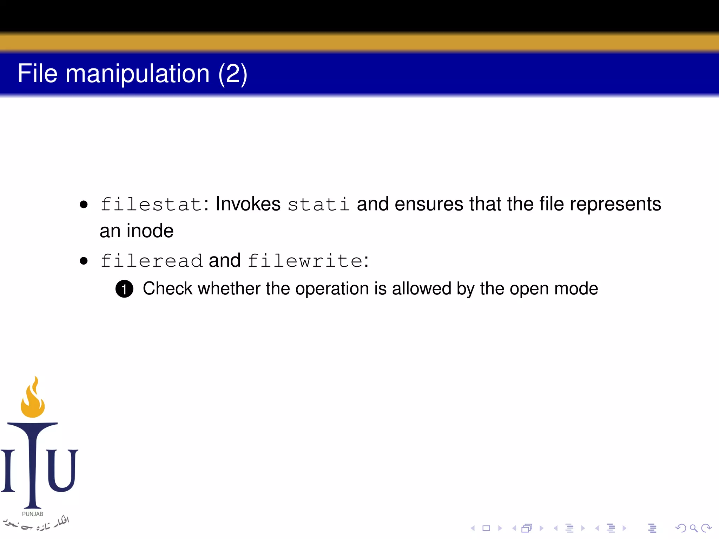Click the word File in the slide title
38,73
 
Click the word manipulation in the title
138,74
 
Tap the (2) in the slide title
233,74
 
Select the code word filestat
151,205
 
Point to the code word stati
318,205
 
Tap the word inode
150,231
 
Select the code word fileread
151,261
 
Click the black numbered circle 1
124,289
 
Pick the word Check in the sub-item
167,289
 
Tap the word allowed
421,289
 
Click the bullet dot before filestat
84,205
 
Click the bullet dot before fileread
84,261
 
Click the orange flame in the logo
33,398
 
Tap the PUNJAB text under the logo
33,514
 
